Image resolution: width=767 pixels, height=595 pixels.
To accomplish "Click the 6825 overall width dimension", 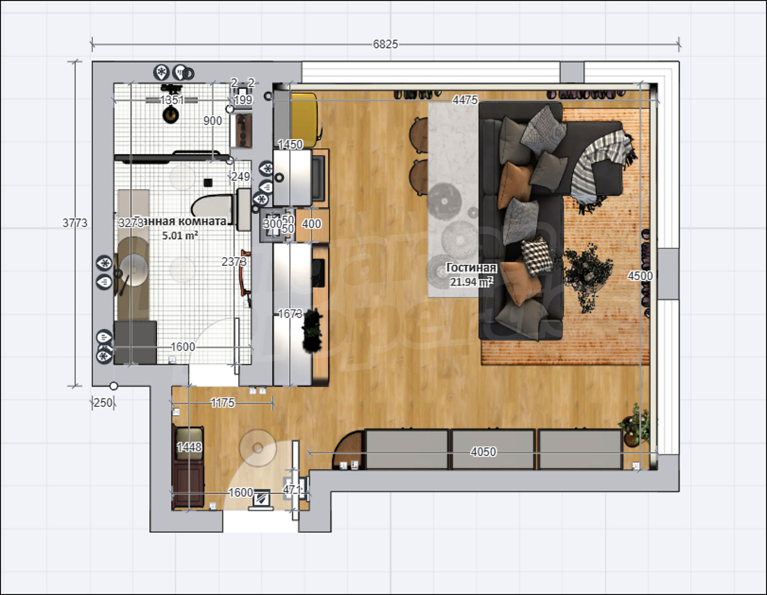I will [385, 45].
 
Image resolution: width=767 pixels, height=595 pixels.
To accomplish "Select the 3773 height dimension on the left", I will [75, 223].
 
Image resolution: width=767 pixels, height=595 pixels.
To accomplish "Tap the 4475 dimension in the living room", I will [465, 100].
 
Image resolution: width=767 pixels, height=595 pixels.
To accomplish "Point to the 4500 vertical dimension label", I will [640, 276].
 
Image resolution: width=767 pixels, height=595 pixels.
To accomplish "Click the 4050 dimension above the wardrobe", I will [483, 452].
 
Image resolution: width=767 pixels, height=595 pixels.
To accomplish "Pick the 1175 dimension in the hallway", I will [222, 403].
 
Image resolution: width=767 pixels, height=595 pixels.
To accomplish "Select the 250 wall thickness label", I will [102, 403].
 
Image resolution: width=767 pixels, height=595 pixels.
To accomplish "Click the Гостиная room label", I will [471, 268].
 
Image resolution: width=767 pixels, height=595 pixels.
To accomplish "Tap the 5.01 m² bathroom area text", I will [180, 236].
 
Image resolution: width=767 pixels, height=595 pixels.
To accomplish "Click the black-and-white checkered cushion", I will [537, 255].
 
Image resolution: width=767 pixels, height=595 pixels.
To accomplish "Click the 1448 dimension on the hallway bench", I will [189, 447].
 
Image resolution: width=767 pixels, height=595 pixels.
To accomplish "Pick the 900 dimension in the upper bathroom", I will [213, 121].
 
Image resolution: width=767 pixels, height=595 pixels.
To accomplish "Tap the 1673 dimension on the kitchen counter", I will [290, 314].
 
